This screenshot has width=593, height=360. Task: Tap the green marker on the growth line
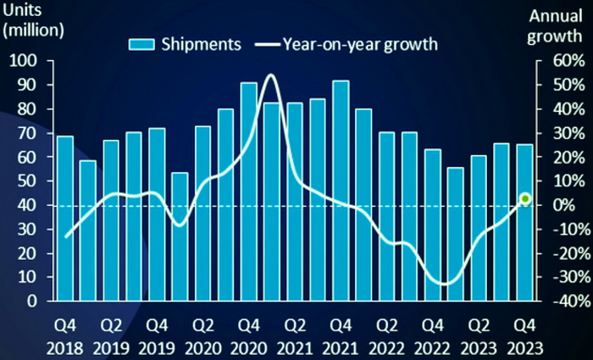point(524,198)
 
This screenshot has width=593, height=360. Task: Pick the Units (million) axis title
point(34,23)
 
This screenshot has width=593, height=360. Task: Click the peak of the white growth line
point(271,75)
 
